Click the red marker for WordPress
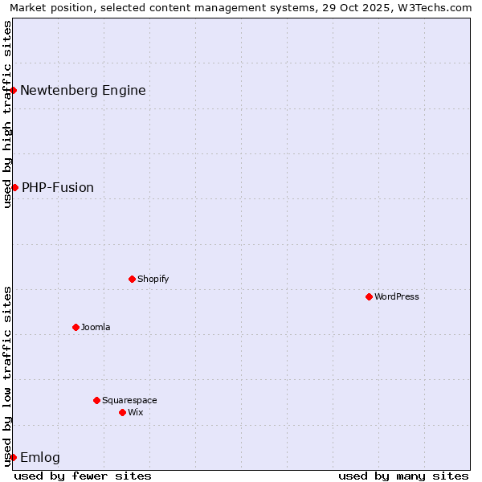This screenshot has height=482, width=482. pyautogui.click(x=370, y=296)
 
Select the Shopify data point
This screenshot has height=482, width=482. pyautogui.click(x=133, y=279)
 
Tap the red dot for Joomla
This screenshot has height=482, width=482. pyautogui.click(x=76, y=327)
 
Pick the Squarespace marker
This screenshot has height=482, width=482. pyautogui.click(x=97, y=400)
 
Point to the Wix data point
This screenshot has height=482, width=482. pyautogui.click(x=123, y=412)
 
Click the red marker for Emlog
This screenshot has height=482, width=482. pyautogui.click(x=14, y=457)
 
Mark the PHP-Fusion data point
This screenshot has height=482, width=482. pyautogui.click(x=14, y=187)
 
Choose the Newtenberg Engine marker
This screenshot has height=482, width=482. pyautogui.click(x=14, y=90)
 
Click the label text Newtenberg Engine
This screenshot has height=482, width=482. pyautogui.click(x=83, y=90)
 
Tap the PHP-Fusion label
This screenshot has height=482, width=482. pyautogui.click(x=58, y=187)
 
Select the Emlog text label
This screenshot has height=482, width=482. pyautogui.click(x=40, y=458)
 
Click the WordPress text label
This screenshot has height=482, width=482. pyautogui.click(x=397, y=296)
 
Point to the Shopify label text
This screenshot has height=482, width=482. pyautogui.click(x=153, y=279)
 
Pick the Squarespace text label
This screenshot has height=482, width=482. pyautogui.click(x=129, y=400)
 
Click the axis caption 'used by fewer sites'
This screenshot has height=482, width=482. pyautogui.click(x=83, y=476)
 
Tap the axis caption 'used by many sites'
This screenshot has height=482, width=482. pyautogui.click(x=403, y=476)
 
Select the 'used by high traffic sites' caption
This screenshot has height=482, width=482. pyautogui.click(x=7, y=114)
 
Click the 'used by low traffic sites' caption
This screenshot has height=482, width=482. pyautogui.click(x=7, y=375)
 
